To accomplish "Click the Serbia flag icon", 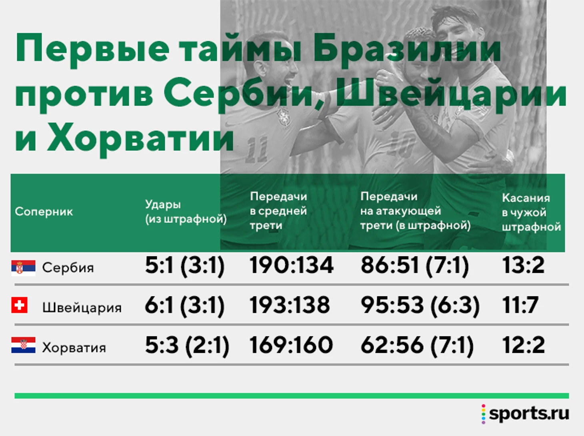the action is coord(23,268).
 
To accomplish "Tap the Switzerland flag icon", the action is coord(19,305).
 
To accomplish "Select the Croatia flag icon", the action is coord(23,345).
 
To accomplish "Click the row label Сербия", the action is coord(68,268).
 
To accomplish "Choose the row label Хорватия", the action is coord(74,348).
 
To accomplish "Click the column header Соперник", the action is coord(44,212).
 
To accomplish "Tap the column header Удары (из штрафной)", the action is coord(186,212).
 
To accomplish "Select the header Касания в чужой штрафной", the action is coord(531,212).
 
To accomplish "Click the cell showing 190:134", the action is coord(291,265).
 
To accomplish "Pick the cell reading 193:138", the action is coord(290,305).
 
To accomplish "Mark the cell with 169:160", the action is coord(291,345).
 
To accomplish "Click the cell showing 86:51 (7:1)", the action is coord(414,266).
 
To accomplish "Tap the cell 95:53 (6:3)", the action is coord(420,306).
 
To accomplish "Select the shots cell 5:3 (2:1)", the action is coord(187,346).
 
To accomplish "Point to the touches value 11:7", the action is coord(520,305).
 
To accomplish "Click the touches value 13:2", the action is coord(523,265).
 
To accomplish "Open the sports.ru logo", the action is coord(525,414).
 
